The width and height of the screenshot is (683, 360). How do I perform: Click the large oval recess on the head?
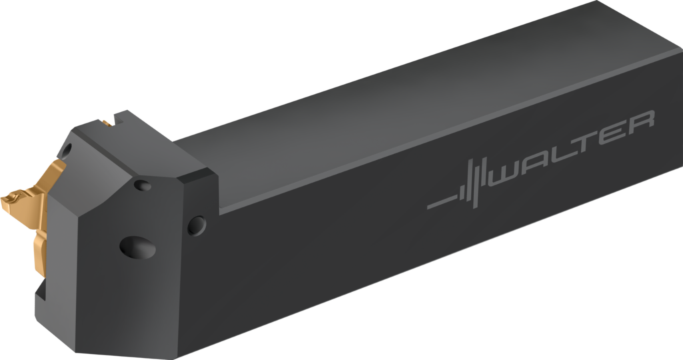[138, 248]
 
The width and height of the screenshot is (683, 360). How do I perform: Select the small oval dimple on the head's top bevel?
[142, 186]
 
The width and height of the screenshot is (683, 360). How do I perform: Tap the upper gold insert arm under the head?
[50, 177]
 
